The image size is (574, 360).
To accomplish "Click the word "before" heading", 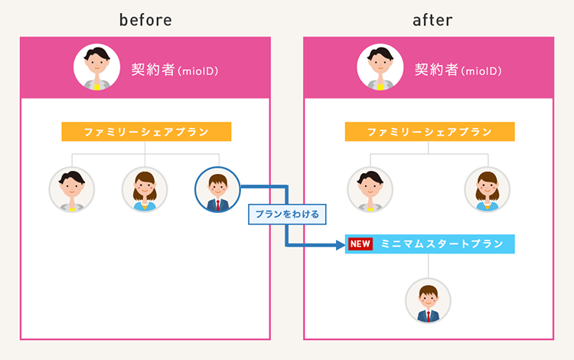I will point(145,20).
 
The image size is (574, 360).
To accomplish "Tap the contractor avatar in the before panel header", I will point(96,68).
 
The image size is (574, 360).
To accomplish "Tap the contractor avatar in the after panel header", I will point(380,68).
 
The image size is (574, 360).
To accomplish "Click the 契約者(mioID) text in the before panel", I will point(174,70).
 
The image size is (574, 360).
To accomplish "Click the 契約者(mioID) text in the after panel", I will point(458,70).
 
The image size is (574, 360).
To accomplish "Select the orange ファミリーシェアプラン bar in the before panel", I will point(146,132).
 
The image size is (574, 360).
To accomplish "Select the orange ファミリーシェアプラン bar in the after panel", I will point(429,132).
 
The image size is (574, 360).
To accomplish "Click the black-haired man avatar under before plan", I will point(72,189).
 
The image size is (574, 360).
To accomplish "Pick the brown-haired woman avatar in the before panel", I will point(145,189).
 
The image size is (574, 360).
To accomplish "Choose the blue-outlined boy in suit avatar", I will point(217,189).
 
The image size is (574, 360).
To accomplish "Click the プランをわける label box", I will point(287,214).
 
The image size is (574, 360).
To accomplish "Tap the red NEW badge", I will point(360,244).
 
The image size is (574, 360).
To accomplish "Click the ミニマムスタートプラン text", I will point(442,244).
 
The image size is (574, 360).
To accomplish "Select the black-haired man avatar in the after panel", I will point(370,189).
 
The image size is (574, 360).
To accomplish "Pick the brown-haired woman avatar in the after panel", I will point(487,189).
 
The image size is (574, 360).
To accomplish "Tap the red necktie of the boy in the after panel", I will point(429,316).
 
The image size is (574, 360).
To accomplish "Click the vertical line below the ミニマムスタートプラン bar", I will point(429,265).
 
